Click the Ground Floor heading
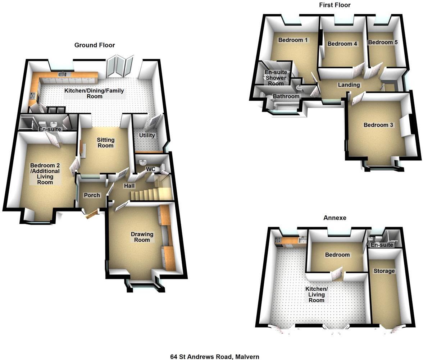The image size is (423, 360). [95, 45]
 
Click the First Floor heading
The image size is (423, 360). [335, 5]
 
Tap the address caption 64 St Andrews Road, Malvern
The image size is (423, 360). [214, 356]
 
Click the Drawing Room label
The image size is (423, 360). [142, 237]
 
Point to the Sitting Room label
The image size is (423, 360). [105, 143]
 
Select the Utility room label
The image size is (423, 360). [147, 135]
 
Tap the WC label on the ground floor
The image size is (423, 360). [150, 169]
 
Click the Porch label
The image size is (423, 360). [91, 195]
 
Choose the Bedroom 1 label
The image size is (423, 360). [293, 40]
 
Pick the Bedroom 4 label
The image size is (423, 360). [342, 44]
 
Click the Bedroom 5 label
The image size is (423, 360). [383, 42]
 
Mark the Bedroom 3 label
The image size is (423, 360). [378, 125]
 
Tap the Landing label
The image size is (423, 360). [349, 85]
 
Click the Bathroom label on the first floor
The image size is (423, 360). [286, 96]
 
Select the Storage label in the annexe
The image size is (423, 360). [384, 271]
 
